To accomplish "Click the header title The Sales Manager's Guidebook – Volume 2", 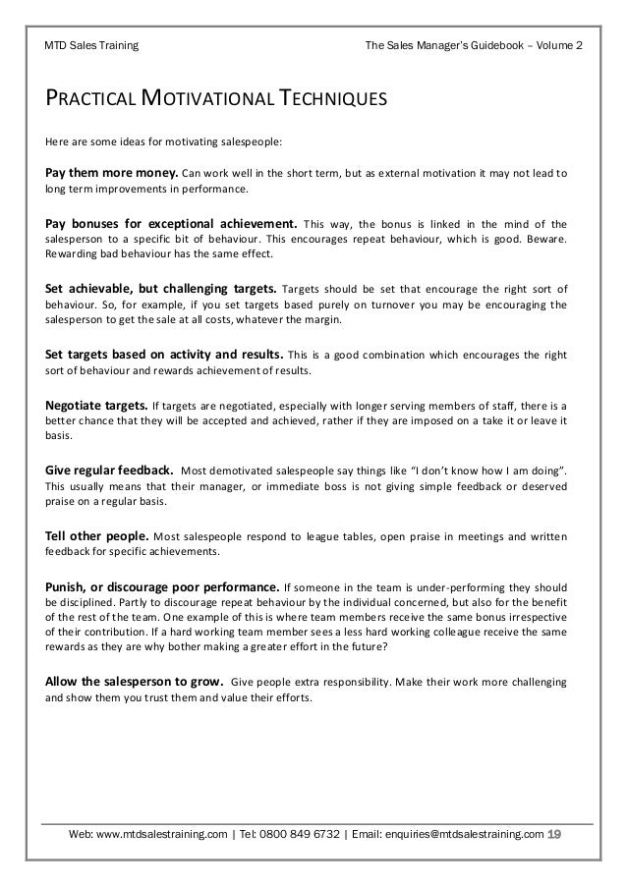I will pos(473,45).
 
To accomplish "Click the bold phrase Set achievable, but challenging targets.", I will pos(162,289).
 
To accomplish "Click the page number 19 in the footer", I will pos(554,835).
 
